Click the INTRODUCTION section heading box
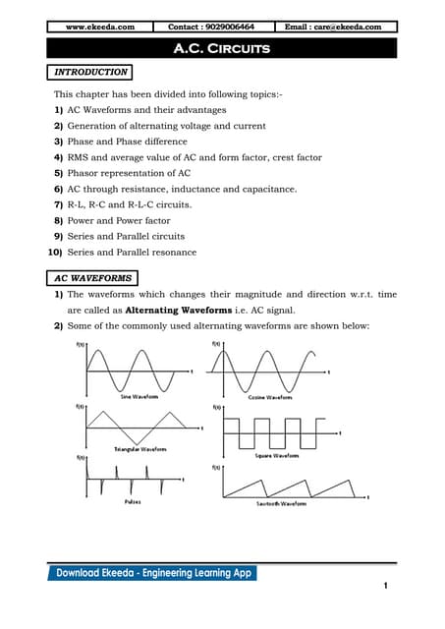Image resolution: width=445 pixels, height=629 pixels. point(90,72)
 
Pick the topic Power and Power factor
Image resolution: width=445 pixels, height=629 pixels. point(126,220)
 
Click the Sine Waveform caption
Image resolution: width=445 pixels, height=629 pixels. point(139,397)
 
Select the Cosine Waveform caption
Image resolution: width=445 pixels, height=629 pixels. point(268,397)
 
